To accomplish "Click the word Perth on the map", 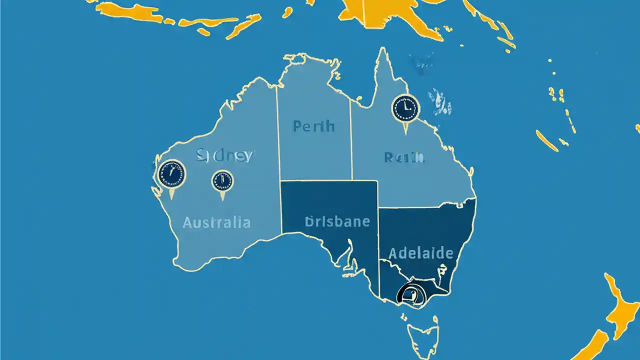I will coord(313,126).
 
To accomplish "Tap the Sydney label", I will coord(225,155).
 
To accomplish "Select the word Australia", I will coord(216,222).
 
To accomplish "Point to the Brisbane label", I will coord(337,221).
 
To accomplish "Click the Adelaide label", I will coord(420,252).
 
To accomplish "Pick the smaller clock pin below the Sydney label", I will coord(222,181).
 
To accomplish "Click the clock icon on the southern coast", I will coord(409,293).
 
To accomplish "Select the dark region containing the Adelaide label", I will coord(425,230).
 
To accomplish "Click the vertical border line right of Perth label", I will coord(351,140).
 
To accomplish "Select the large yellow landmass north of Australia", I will coord(395,15).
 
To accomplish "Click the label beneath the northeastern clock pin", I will coord(404,158).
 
